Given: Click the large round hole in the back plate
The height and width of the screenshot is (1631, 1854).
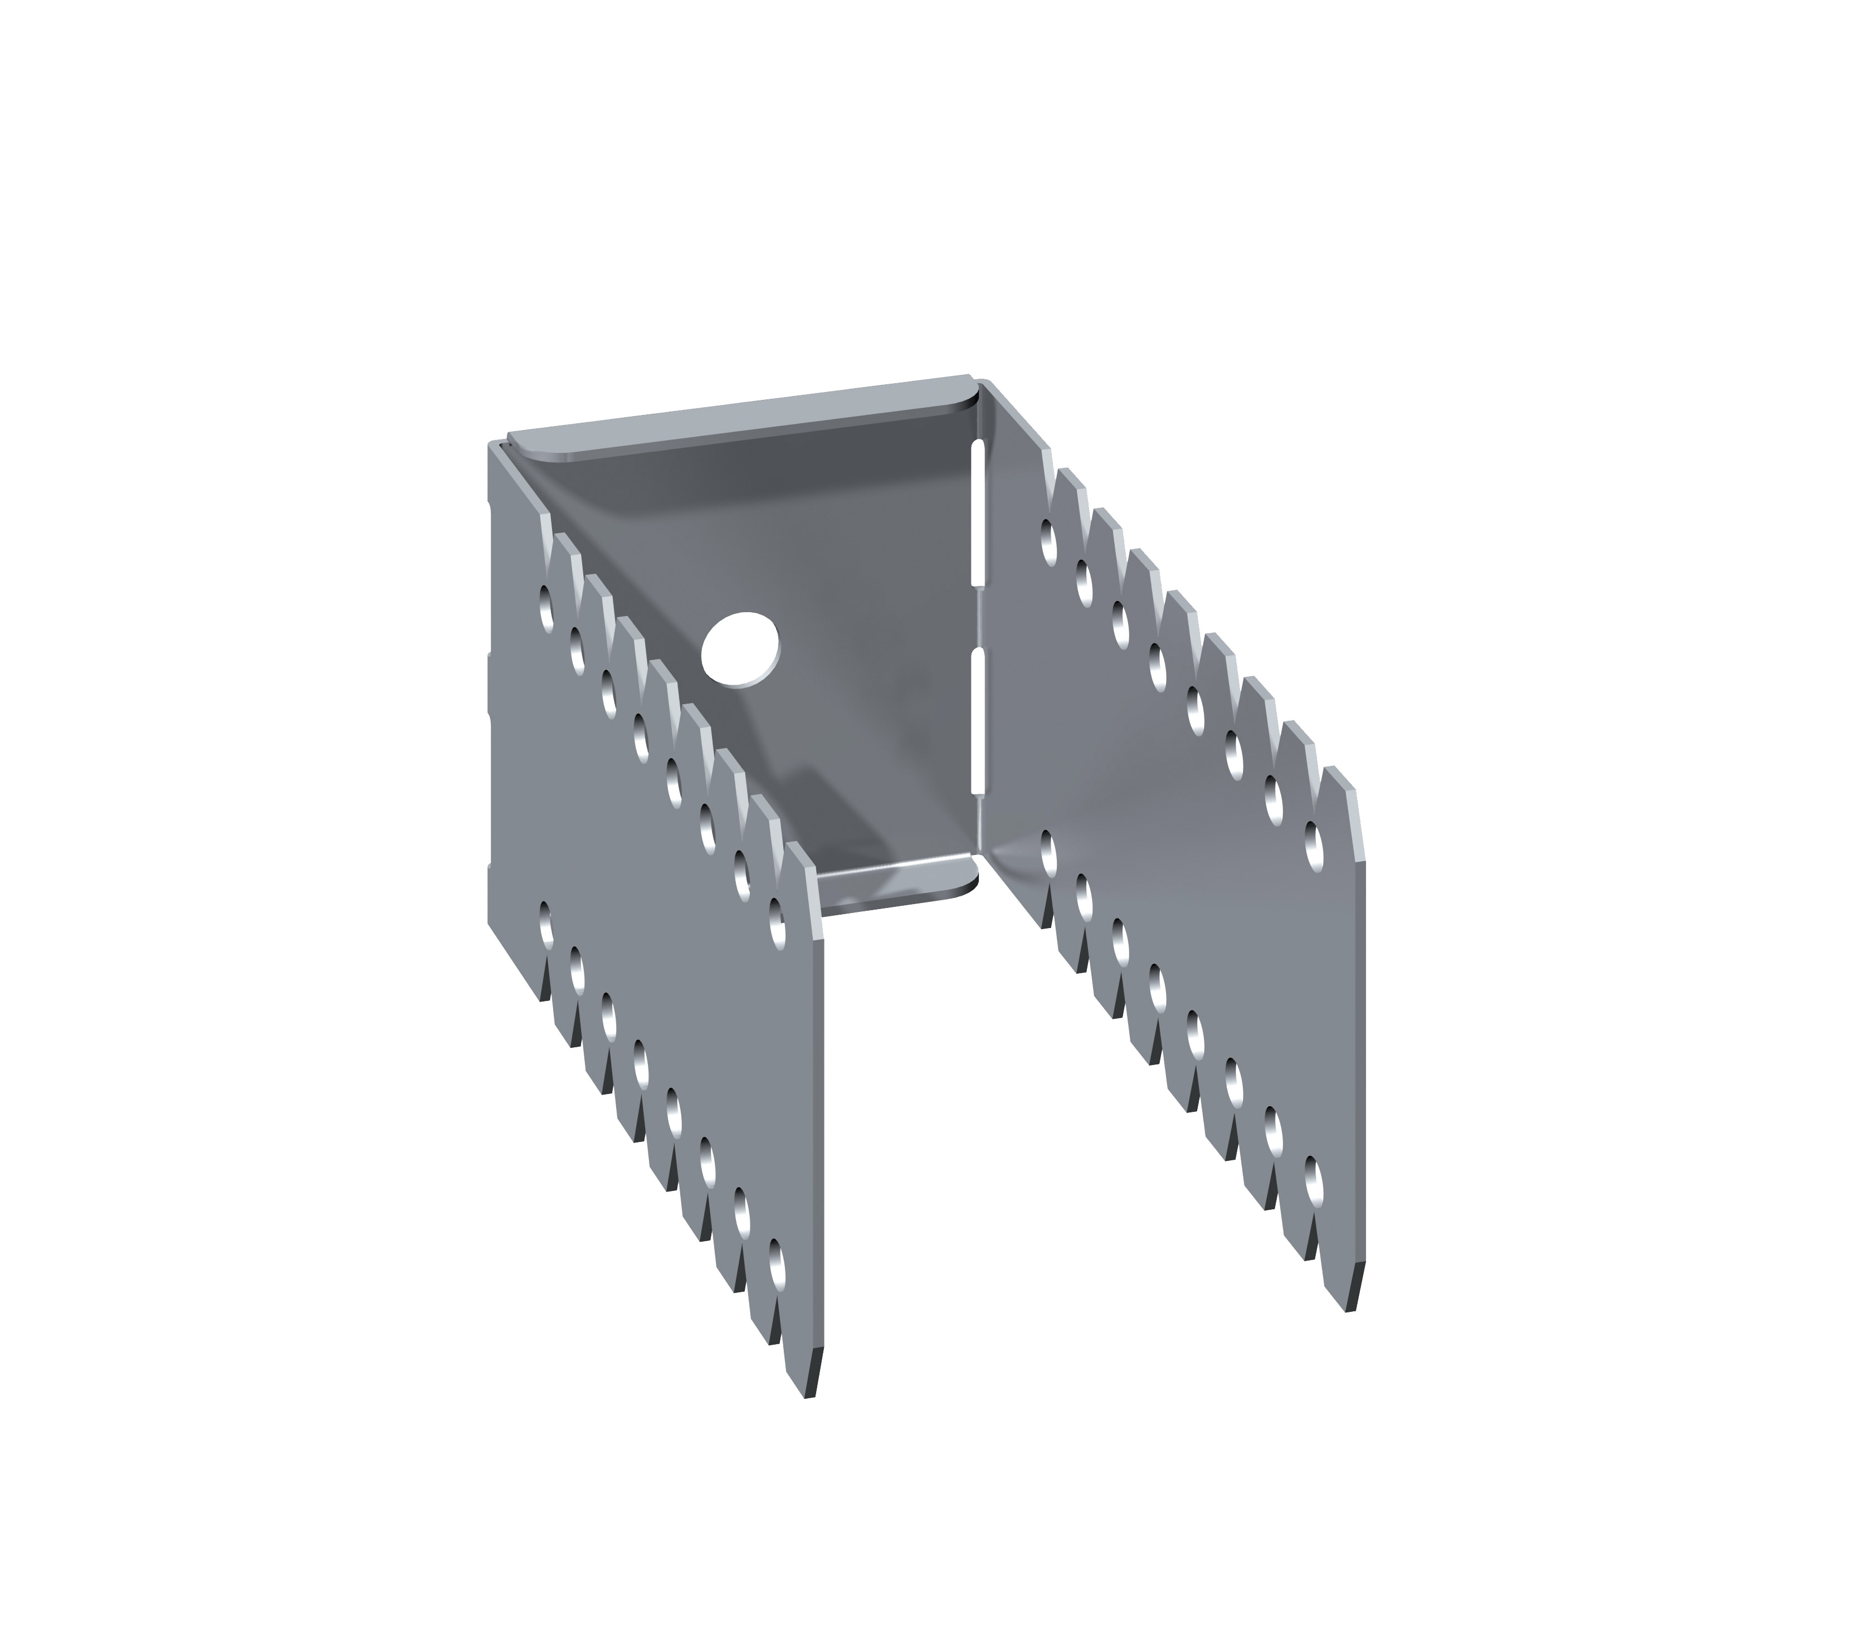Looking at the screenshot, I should [x=741, y=648].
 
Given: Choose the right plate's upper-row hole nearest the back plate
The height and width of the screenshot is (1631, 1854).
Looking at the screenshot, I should [x=1050, y=541].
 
